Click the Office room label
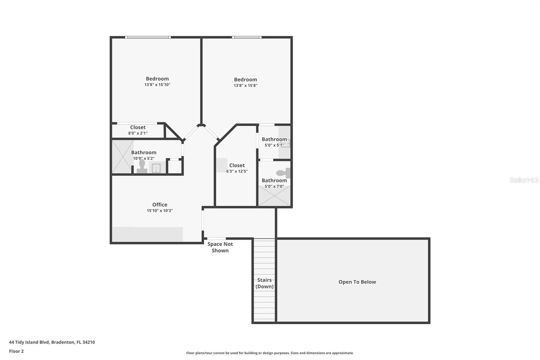[160, 205]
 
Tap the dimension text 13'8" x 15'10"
[157, 85]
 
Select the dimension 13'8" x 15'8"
[245, 86]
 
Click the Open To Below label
[357, 282]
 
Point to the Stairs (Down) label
[264, 283]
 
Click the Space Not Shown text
[220, 247]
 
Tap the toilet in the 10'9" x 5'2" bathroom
[142, 166]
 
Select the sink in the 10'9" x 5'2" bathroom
[156, 168]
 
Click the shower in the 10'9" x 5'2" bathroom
[122, 157]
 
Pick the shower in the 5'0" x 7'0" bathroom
[274, 196]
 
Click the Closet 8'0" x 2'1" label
[138, 130]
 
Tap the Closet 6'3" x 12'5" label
[237, 168]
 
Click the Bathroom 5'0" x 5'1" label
[274, 142]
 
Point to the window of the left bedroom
[147, 37]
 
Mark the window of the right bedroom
[246, 37]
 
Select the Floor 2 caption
[16, 351]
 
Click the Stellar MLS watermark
[524, 180]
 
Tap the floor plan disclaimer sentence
[270, 353]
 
